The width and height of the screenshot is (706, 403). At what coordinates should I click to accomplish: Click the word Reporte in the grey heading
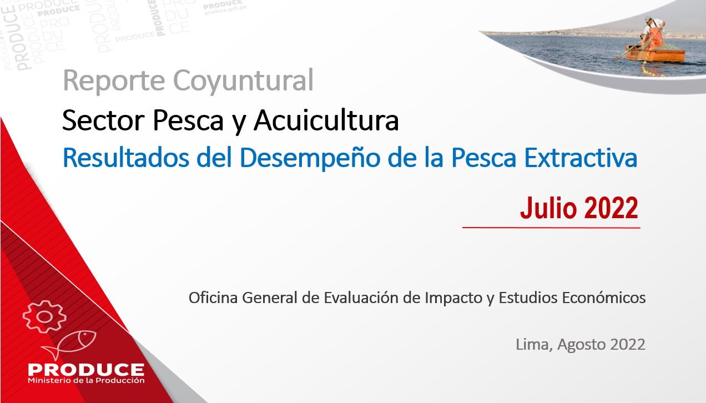click(x=114, y=80)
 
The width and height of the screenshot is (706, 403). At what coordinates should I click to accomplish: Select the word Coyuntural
click(x=244, y=82)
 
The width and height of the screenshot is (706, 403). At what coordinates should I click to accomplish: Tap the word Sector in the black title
click(x=103, y=120)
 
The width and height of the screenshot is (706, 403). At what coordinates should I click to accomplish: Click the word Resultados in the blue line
click(x=126, y=157)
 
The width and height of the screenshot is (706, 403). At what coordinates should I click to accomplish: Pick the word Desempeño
click(x=310, y=158)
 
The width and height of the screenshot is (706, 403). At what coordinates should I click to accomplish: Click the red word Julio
click(x=548, y=208)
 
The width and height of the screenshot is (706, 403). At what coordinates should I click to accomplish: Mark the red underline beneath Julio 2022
click(x=551, y=228)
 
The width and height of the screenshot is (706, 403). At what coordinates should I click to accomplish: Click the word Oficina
click(x=213, y=298)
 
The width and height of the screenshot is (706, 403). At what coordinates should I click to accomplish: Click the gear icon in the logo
click(x=44, y=316)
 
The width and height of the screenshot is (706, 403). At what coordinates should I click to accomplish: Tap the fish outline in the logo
click(x=69, y=344)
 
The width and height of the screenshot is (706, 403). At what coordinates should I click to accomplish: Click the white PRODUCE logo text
click(x=86, y=370)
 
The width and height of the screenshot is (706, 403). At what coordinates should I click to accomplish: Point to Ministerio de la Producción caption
click(x=86, y=381)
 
